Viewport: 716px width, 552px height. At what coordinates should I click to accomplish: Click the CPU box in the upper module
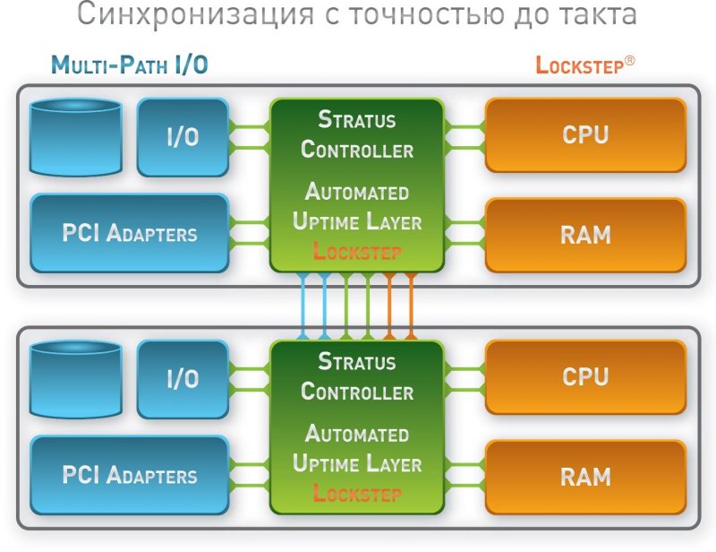click(585, 134)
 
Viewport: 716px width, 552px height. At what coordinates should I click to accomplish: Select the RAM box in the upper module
click(585, 235)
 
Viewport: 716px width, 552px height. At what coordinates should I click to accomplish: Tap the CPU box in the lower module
click(585, 376)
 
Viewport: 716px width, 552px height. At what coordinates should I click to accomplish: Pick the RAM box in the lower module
click(585, 476)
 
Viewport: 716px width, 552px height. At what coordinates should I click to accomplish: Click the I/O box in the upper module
click(183, 136)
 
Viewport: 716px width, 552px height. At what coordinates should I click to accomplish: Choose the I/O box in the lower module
click(183, 378)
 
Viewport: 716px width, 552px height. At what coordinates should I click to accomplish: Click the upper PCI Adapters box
click(129, 233)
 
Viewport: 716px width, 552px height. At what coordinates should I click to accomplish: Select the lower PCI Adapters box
click(129, 474)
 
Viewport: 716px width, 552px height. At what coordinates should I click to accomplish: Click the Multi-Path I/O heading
click(131, 65)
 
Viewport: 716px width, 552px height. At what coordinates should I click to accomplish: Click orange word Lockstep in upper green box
click(357, 252)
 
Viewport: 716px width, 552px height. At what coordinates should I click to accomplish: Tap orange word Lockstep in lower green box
click(357, 494)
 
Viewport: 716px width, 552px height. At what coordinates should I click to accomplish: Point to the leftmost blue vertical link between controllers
click(303, 306)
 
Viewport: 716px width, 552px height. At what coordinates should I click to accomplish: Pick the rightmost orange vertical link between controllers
click(411, 306)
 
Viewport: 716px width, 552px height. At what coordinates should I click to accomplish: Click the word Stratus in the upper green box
click(357, 119)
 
